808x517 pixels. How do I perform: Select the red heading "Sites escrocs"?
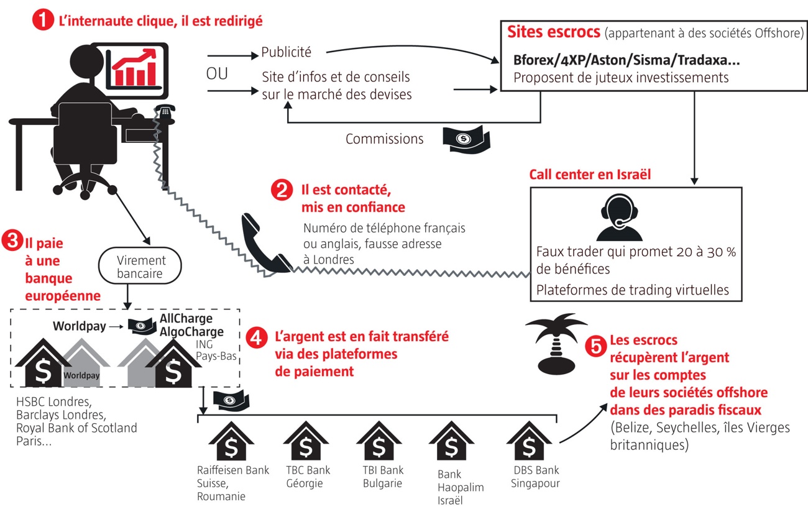click(553, 32)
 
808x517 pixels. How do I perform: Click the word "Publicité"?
click(287, 52)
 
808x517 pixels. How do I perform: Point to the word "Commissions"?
click(385, 139)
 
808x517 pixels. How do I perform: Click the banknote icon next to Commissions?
click(466, 138)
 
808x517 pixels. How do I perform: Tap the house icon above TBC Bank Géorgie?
click(305, 442)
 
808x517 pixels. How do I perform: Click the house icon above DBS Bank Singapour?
click(529, 442)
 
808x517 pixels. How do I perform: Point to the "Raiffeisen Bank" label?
click(233, 470)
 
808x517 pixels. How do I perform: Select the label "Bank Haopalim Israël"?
click(460, 488)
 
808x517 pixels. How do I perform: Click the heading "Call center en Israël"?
click(590, 175)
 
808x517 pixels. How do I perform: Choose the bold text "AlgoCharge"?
click(191, 332)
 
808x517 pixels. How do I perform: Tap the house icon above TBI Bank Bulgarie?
click(379, 442)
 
